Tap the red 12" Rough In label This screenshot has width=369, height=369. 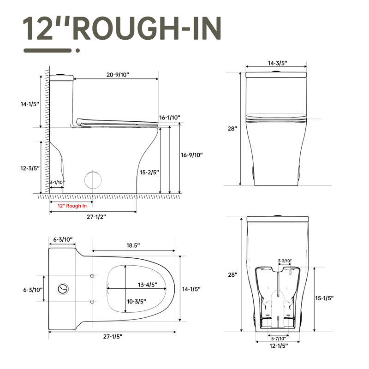click(x=72, y=206)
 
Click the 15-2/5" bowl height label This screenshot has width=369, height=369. click(x=149, y=172)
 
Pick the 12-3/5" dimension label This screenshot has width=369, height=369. click(x=30, y=169)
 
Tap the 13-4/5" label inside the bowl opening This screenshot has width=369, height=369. click(x=147, y=285)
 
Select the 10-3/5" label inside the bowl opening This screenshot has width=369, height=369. click(x=137, y=302)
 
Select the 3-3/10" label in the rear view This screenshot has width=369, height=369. click(x=285, y=261)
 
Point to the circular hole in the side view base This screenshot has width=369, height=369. click(x=94, y=179)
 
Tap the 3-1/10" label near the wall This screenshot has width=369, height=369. click(x=57, y=182)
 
